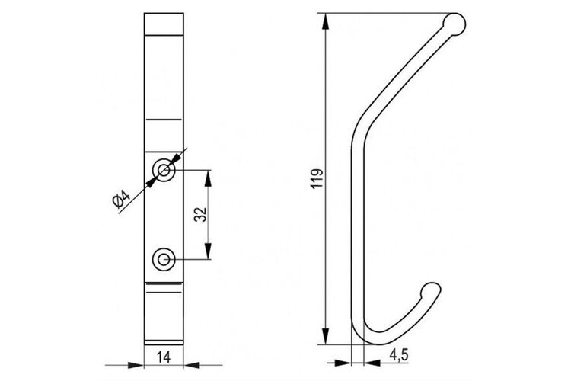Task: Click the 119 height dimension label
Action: (317, 178)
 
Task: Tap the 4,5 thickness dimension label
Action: (399, 355)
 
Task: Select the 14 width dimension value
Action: (164, 357)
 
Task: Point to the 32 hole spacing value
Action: (200, 214)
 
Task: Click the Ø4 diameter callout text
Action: (121, 200)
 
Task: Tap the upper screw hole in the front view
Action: (164, 170)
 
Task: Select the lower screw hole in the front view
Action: (164, 260)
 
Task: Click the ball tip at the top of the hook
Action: (454, 24)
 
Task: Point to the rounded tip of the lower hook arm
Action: (431, 290)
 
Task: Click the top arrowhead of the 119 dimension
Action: (326, 21)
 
